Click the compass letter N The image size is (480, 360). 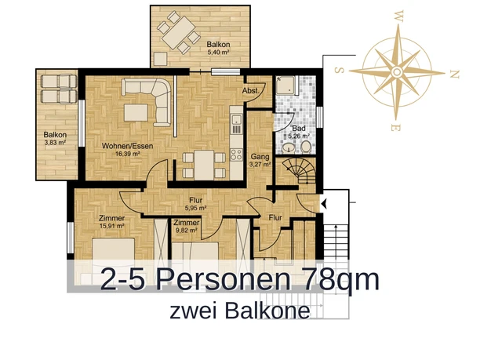[x=454, y=75]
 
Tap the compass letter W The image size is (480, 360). [x=399, y=13]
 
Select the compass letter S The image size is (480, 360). [x=340, y=70]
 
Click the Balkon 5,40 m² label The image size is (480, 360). [x=218, y=49]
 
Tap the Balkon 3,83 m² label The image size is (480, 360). [x=56, y=139]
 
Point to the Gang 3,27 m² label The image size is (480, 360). [x=260, y=161]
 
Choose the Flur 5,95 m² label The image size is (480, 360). [x=195, y=204]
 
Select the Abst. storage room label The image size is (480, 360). [x=253, y=91]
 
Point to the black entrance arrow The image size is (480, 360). [x=323, y=205]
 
